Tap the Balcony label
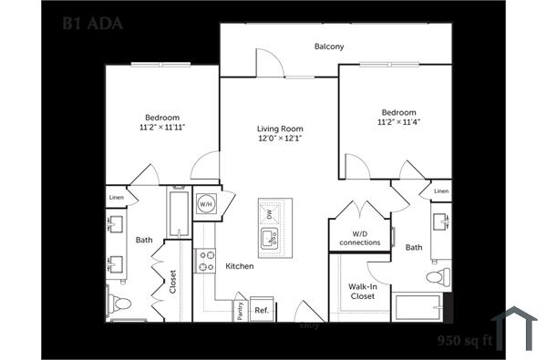329,46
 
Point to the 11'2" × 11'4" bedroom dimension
398,121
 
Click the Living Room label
280,129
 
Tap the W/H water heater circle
206,204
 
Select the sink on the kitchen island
270,239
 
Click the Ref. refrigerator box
262,310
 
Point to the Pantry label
240,310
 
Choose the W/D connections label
359,238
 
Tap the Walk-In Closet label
363,292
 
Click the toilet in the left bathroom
119,303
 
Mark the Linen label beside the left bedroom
117,197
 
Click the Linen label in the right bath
441,190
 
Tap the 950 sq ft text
464,342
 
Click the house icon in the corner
513,328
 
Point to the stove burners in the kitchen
207,262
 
